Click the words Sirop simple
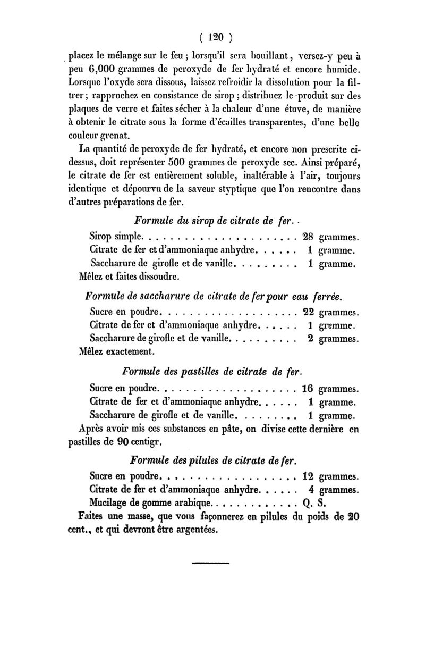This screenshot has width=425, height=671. pos(115,236)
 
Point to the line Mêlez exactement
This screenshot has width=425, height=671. pos(116,351)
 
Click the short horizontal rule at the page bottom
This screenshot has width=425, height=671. pos(210,561)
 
